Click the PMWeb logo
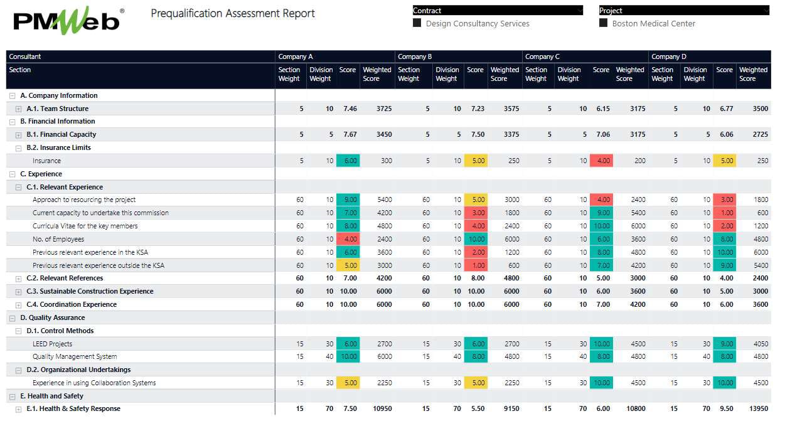click(x=66, y=21)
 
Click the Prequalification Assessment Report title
click(x=233, y=13)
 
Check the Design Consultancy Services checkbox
click(x=417, y=23)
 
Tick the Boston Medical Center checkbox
click(x=604, y=23)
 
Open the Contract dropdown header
click(x=497, y=11)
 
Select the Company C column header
click(x=543, y=56)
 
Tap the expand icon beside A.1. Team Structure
click(x=19, y=109)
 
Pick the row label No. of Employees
click(x=58, y=239)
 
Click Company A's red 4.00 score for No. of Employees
click(x=348, y=239)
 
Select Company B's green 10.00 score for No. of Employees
click(x=476, y=239)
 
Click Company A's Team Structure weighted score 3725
click(x=383, y=109)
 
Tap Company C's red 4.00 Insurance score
click(x=601, y=161)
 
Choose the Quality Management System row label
click(x=75, y=357)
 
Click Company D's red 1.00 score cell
click(x=725, y=213)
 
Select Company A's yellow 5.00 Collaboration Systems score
click(x=348, y=383)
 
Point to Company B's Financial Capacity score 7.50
click(x=478, y=135)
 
